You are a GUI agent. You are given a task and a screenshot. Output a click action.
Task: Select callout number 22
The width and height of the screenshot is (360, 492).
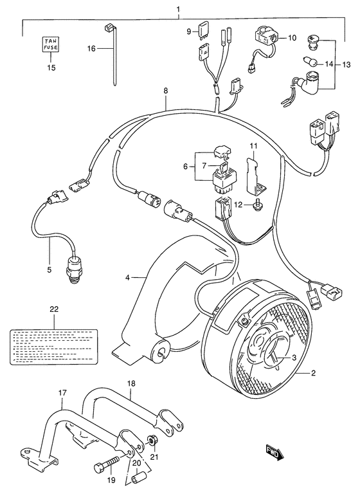coord(53,309)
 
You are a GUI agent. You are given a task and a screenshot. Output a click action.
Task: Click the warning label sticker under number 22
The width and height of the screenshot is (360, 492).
coord(53,343)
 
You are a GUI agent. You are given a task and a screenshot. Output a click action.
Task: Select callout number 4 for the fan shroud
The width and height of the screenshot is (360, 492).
coord(128,277)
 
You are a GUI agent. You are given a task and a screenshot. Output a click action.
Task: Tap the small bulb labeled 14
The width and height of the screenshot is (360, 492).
coord(309,62)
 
